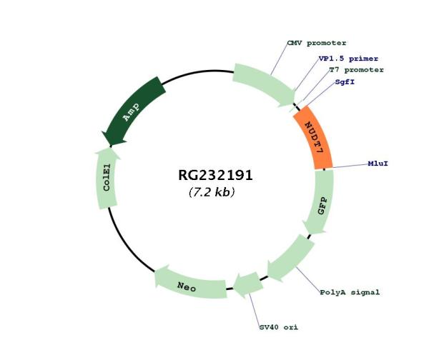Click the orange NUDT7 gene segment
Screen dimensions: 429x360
pos(315,137)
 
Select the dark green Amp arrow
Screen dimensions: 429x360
pos(132,111)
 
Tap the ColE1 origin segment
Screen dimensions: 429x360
pos(107,179)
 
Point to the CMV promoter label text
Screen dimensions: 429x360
pos(317,43)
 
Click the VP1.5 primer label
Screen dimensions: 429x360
pos(348,59)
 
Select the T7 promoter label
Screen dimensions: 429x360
pos(356,70)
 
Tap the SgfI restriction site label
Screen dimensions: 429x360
pos(345,81)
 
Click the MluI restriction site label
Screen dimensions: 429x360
pos(378,164)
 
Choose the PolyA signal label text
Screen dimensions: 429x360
pos(350,292)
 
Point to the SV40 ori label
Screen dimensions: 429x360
pos(279,327)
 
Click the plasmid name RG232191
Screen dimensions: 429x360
pos(215,175)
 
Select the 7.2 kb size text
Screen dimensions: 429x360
pos(212,192)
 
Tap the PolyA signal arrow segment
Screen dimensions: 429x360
pos(290,259)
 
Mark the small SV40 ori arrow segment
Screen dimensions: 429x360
pos(248,286)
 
